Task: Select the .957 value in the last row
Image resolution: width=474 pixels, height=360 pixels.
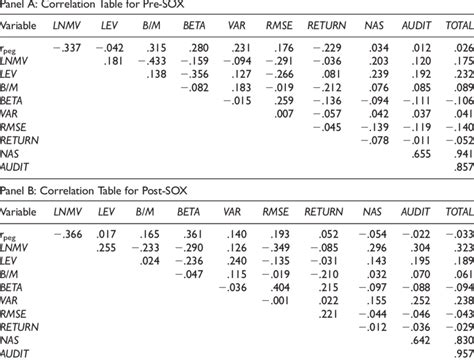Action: (x=461, y=353)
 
